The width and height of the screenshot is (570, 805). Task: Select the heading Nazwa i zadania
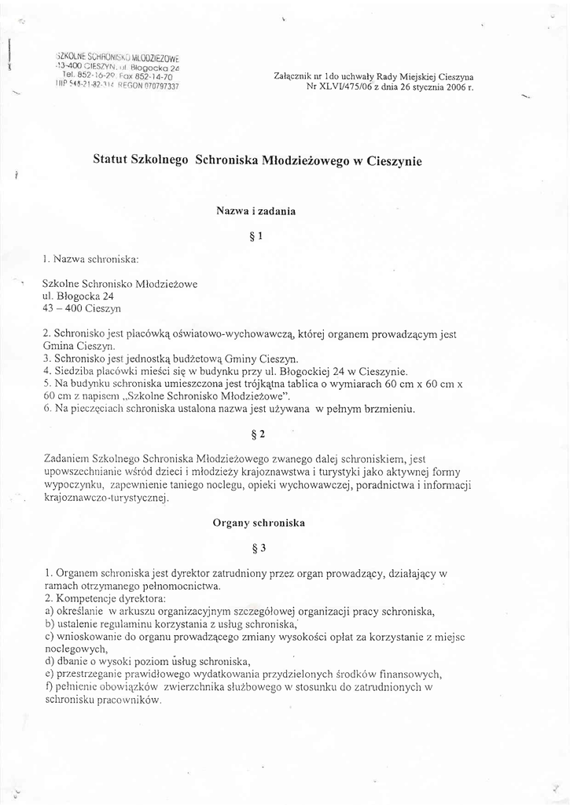coord(256,210)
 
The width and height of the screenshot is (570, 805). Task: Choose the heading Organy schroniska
coord(259,522)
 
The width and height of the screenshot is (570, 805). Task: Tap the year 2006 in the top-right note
coord(454,87)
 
